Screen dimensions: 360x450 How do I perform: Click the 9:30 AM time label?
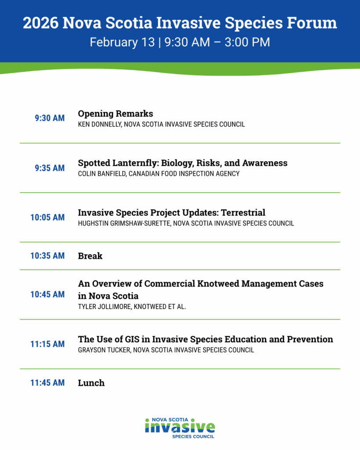pos(50,118)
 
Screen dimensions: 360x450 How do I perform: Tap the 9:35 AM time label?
pos(50,168)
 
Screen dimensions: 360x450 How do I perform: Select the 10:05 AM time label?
pos(47,217)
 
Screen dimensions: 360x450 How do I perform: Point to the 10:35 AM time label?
pos(47,256)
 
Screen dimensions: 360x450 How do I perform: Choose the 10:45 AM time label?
pos(47,294)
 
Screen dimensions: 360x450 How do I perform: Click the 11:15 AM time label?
pos(47,344)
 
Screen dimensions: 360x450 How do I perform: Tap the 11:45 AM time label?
pos(47,383)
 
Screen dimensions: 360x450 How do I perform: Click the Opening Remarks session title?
pos(116,114)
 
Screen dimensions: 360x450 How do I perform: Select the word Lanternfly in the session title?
pos(135,163)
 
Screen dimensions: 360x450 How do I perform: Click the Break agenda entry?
pos(90,256)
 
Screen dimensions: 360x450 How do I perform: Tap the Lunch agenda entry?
pos(91,383)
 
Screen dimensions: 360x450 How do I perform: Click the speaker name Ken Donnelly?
pos(100,124)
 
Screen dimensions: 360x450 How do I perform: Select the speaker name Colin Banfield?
pos(102,174)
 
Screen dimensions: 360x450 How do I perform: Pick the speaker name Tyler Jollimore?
pos(105,306)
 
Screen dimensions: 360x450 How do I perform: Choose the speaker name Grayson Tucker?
pos(104,350)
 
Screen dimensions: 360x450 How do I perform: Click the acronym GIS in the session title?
pos(132,339)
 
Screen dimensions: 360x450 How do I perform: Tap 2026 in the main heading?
pos(41,23)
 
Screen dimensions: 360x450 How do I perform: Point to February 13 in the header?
pos(122,42)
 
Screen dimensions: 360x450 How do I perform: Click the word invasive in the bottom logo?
pos(180,428)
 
